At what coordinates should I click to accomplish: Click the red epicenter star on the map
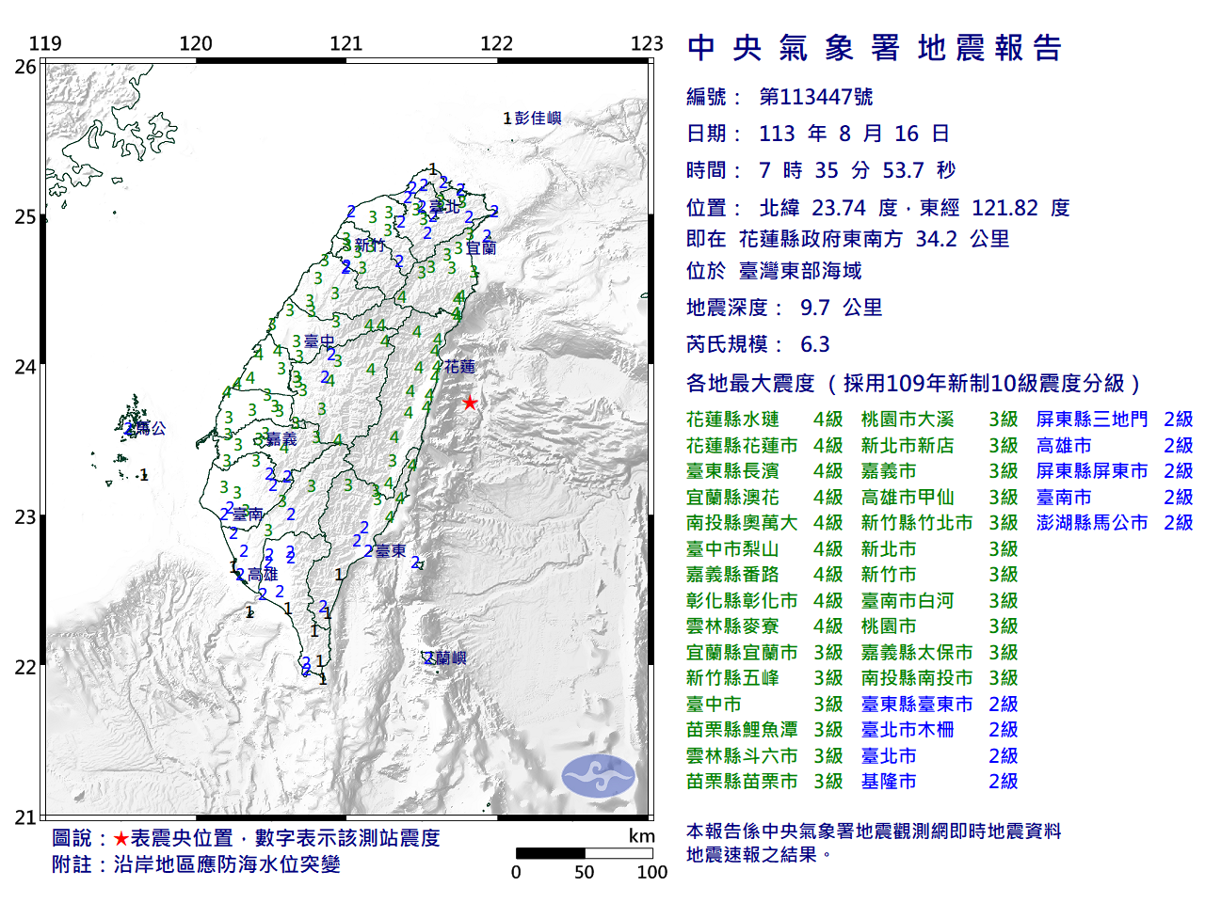click(x=470, y=403)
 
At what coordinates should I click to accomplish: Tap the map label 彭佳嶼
click(x=538, y=118)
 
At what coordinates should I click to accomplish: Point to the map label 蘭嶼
click(x=449, y=657)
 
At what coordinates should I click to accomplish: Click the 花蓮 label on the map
click(x=459, y=366)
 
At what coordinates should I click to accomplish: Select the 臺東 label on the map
click(x=390, y=550)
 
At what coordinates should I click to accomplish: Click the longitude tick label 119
click(x=45, y=43)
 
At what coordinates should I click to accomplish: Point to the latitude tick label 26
click(x=25, y=67)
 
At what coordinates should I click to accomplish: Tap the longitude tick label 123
click(x=647, y=43)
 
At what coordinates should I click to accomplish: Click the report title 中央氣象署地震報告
click(x=875, y=48)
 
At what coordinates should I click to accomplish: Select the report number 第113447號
click(x=816, y=97)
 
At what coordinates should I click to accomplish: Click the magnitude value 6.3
click(x=815, y=344)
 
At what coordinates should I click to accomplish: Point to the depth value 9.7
click(x=815, y=308)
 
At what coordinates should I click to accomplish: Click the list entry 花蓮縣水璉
click(x=732, y=420)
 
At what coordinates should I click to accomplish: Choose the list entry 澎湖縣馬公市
click(x=1092, y=523)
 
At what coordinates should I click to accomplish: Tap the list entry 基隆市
click(x=889, y=782)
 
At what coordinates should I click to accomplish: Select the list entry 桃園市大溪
click(x=908, y=420)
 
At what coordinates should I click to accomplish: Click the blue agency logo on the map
click(x=599, y=775)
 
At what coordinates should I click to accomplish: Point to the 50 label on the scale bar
click(x=585, y=872)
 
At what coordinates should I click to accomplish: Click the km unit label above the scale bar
click(x=641, y=836)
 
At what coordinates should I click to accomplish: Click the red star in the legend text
click(x=121, y=838)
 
